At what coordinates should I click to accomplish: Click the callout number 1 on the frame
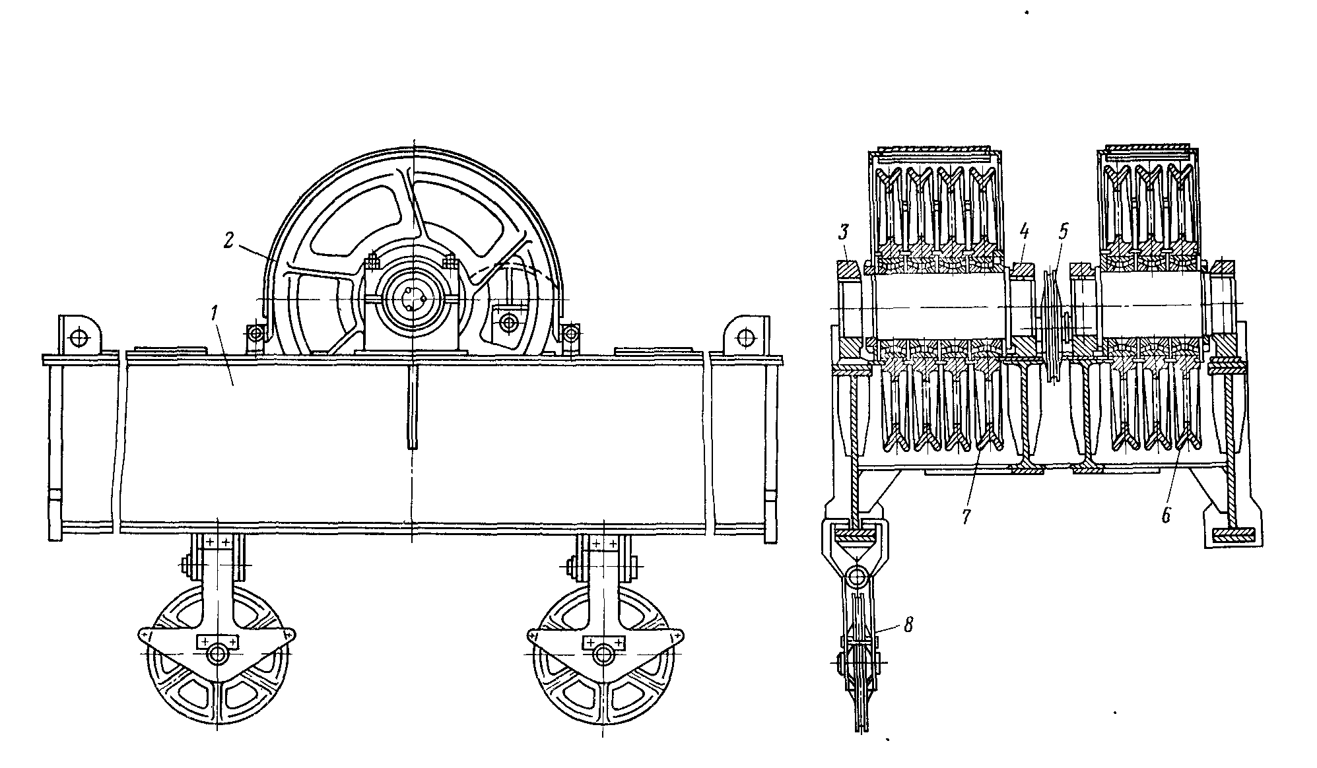(215, 314)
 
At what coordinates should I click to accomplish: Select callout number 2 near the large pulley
(228, 240)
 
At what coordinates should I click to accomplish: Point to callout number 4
(1024, 232)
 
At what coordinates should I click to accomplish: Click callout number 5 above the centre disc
(1062, 232)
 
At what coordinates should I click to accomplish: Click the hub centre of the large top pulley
(413, 300)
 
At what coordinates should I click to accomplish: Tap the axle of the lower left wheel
(217, 653)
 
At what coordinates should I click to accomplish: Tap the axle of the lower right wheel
(601, 653)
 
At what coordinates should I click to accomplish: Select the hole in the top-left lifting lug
(79, 337)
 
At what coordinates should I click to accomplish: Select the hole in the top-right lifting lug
(747, 337)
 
